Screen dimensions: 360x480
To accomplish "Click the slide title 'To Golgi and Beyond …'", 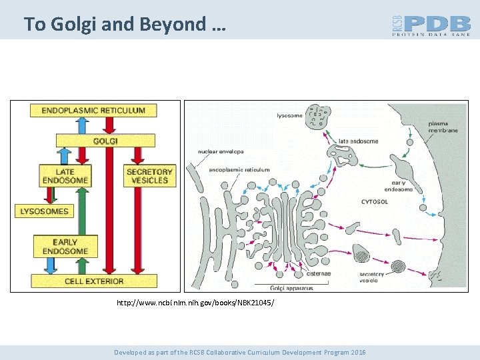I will click(125, 25).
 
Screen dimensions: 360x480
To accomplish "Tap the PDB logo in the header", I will click(431, 25).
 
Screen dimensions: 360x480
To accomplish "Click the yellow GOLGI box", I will click(105, 141).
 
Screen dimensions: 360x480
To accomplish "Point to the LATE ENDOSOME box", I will click(65, 175).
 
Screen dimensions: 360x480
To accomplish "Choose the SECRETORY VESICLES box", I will click(149, 175).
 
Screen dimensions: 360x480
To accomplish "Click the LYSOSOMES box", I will click(45, 211).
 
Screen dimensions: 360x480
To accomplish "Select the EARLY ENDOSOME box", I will click(65, 246).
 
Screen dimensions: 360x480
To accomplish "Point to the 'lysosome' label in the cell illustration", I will click(289, 115).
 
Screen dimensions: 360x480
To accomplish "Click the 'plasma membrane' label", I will click(443, 127).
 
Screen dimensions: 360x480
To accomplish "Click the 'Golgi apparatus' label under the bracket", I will click(292, 288).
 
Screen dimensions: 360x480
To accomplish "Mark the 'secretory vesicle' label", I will click(372, 277).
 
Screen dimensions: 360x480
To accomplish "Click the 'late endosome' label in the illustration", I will click(358, 141).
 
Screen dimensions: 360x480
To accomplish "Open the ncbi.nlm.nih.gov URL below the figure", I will click(195, 303).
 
